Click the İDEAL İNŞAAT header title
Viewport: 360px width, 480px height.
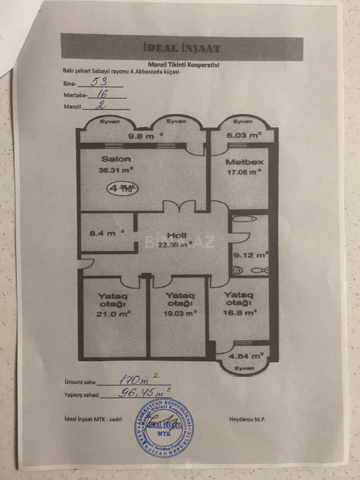point(182,49)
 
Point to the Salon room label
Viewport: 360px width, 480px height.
point(112,160)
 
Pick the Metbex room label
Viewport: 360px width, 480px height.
point(238,162)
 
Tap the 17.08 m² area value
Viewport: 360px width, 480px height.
point(242,172)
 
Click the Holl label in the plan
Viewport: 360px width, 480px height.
point(176,235)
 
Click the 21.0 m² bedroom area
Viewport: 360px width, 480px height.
point(115,313)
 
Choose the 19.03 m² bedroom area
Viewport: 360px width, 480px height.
point(180,313)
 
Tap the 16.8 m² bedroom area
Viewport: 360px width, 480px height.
point(240,312)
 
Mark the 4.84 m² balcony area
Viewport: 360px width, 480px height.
point(247,356)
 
